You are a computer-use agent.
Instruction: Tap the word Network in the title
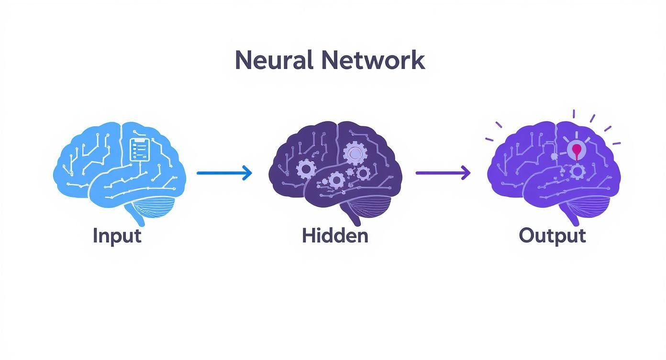373,61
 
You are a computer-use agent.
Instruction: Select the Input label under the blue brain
117,236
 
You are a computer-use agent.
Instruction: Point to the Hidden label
335,236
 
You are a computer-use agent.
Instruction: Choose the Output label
552,236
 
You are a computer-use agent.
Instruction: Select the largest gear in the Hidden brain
355,153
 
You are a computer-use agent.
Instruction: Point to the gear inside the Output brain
578,171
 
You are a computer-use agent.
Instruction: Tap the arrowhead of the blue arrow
247,173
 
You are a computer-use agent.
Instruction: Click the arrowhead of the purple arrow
466,173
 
